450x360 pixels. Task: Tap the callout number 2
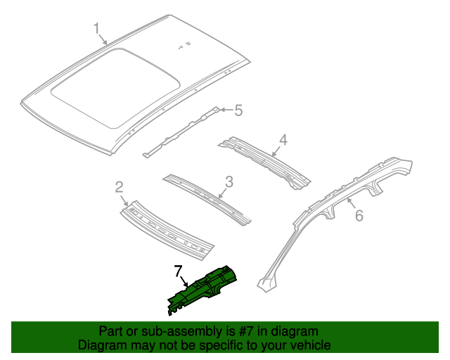[x=120, y=186]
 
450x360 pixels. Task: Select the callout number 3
[x=229, y=182]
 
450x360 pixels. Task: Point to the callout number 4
[x=283, y=140]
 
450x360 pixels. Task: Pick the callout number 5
[x=238, y=110]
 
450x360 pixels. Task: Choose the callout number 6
[x=359, y=216]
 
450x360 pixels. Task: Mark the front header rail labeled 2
[x=165, y=226]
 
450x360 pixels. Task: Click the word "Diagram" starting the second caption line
[x=101, y=345]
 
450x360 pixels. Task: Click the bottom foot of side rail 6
[x=266, y=285]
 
